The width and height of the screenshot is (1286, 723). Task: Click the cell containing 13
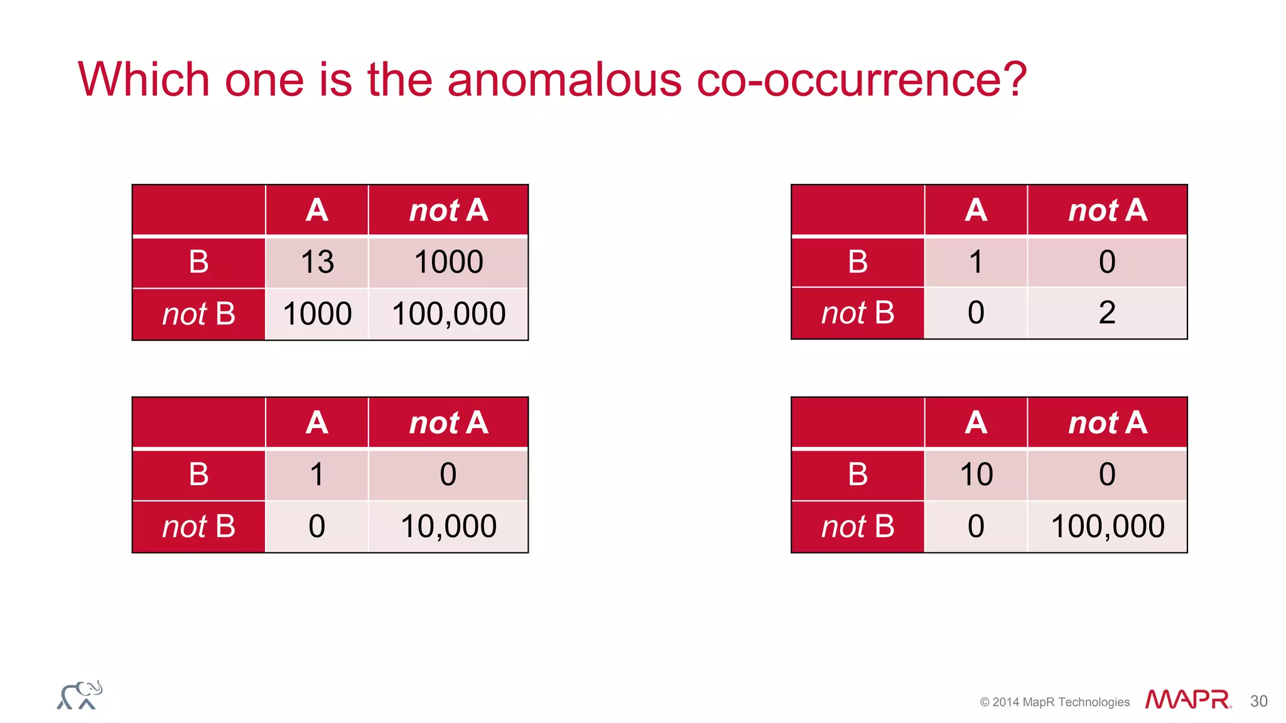[x=317, y=262]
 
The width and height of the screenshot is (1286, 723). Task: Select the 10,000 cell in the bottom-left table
[x=448, y=526]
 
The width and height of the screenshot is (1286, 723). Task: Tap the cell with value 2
[x=1107, y=313]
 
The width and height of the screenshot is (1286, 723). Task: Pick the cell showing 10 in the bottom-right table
[x=976, y=474]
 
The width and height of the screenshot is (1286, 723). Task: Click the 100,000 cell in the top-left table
[x=448, y=314]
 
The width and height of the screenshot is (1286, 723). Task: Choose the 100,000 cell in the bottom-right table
[x=1107, y=526]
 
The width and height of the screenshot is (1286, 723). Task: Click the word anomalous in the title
[x=564, y=80]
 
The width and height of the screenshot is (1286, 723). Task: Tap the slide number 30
[x=1258, y=701]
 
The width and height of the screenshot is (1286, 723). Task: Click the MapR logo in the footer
[x=1187, y=699]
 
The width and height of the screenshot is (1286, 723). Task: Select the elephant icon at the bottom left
[x=80, y=695]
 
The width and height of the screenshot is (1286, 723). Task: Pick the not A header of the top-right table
[x=1107, y=210]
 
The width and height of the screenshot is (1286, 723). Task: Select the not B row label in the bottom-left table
[x=198, y=527]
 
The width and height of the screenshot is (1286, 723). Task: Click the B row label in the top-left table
[x=198, y=262]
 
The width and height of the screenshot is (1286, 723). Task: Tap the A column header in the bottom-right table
[x=976, y=422]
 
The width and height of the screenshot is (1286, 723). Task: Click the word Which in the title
[x=144, y=80]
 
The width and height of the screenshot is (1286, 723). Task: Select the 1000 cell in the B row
[x=448, y=262]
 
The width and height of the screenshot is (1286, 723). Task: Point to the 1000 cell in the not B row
[x=317, y=314]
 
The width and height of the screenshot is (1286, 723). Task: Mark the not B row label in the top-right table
[x=858, y=313]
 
